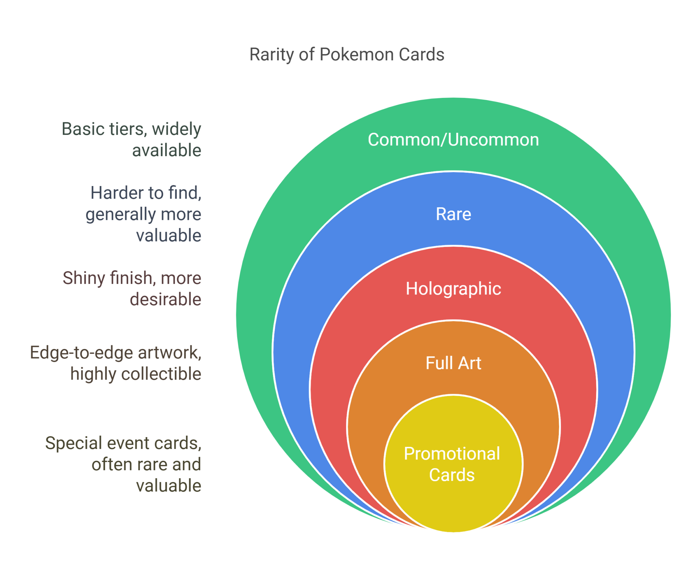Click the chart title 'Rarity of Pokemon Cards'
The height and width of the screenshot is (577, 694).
(x=347, y=55)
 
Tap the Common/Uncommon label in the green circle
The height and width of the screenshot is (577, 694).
(x=453, y=140)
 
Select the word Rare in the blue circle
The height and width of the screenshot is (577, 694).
(x=453, y=214)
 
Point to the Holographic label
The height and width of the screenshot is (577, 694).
(x=453, y=289)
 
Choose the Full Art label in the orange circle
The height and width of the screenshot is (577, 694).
(x=453, y=363)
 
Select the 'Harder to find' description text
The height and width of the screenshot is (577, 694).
(x=146, y=193)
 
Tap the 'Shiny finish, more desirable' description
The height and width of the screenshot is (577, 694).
(x=132, y=289)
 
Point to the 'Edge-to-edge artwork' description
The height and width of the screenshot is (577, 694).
(x=116, y=353)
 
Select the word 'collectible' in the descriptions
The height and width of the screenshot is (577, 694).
(x=161, y=374)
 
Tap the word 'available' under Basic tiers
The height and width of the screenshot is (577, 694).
(x=166, y=150)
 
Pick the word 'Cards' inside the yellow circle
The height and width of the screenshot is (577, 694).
(x=452, y=475)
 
